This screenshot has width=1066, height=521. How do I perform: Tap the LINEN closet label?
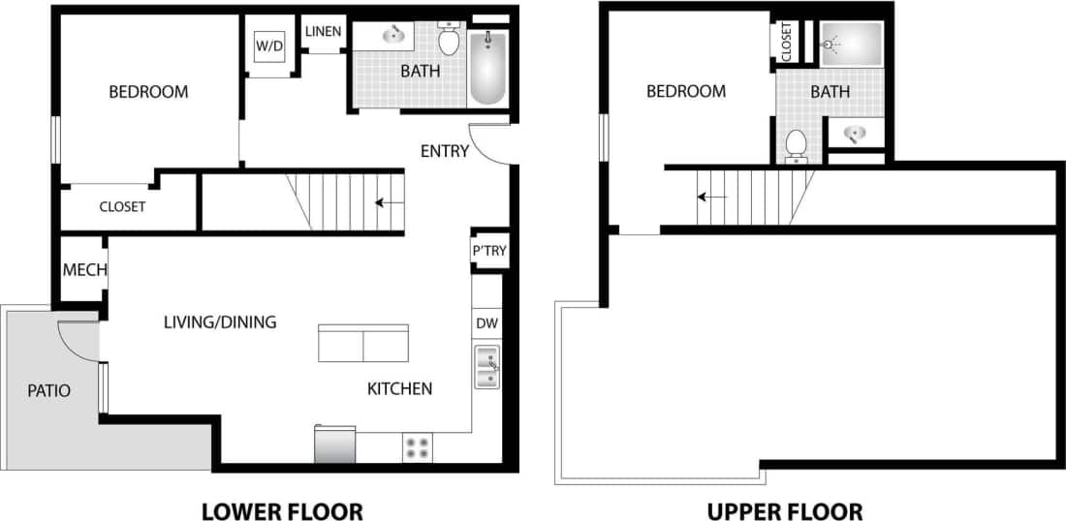tap(323, 32)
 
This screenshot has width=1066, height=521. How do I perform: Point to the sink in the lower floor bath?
tap(393, 36)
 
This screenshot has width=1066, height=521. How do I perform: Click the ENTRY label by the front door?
tap(445, 151)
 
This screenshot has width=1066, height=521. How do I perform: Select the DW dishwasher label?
tap(486, 322)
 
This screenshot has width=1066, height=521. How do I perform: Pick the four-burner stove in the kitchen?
tap(418, 447)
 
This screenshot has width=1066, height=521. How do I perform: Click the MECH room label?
tap(84, 270)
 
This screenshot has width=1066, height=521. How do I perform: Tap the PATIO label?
tap(48, 391)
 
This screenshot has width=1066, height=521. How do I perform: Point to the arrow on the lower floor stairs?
tap(390, 203)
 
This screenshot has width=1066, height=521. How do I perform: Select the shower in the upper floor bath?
tap(851, 45)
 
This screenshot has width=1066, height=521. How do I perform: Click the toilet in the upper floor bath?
tap(797, 144)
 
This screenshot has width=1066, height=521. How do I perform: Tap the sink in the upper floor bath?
tap(855, 133)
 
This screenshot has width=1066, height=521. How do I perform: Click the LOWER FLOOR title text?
tap(282, 510)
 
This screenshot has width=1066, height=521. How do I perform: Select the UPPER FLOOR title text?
tap(784, 510)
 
